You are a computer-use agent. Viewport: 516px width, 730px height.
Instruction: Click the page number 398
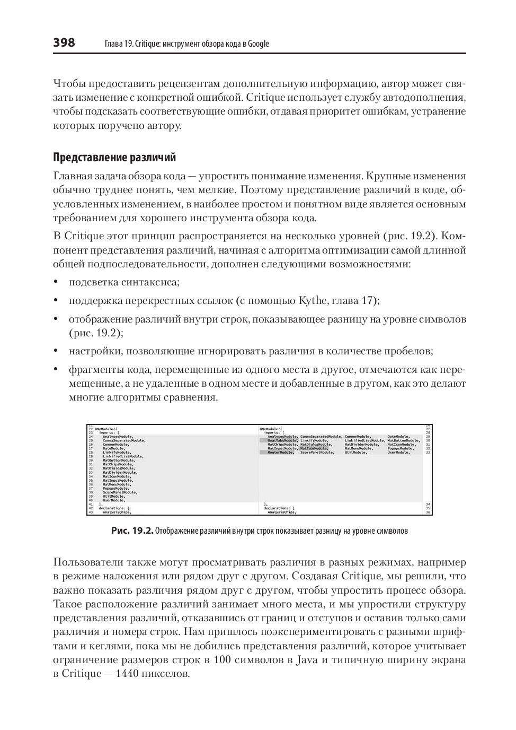click(64, 43)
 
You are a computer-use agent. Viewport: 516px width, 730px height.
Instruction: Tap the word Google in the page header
click(259, 44)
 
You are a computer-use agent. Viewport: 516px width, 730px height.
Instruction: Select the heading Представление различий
click(114, 158)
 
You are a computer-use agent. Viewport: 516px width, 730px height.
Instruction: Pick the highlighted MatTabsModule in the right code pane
click(314, 448)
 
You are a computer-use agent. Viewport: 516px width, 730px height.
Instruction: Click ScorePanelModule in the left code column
click(120, 492)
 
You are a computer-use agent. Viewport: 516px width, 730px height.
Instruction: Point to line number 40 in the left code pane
click(91, 500)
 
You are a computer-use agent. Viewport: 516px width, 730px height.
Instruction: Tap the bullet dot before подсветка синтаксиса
click(56, 283)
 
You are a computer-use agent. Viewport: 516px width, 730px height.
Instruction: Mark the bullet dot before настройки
click(56, 351)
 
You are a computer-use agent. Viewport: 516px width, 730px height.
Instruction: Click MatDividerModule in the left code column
click(120, 472)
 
